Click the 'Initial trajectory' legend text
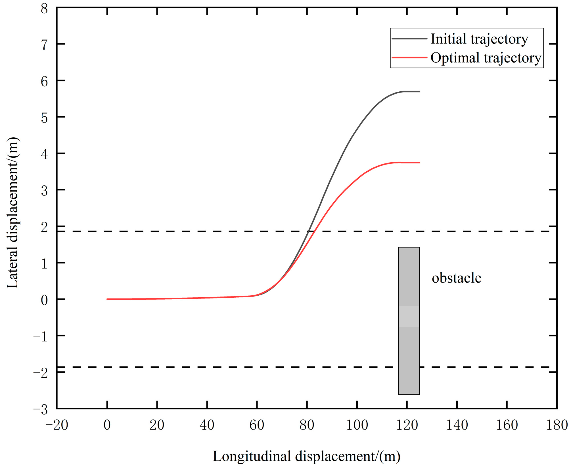pyautogui.click(x=479, y=39)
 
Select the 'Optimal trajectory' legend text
pyautogui.click(x=486, y=58)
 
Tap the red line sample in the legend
pyautogui.click(x=409, y=58)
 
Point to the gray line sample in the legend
pyautogui.click(x=409, y=39)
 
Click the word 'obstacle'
pyautogui.click(x=456, y=278)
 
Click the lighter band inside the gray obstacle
pyautogui.click(x=409, y=317)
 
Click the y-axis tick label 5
pyautogui.click(x=44, y=118)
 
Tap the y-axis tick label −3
pyautogui.click(x=41, y=410)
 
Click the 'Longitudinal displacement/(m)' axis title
pyautogui.click(x=306, y=456)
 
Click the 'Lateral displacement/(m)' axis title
pyautogui.click(x=13, y=213)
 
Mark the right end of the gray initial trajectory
pyautogui.click(x=419, y=92)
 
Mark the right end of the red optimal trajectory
pyautogui.click(x=419, y=163)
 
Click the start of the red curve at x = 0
pyautogui.click(x=107, y=299)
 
